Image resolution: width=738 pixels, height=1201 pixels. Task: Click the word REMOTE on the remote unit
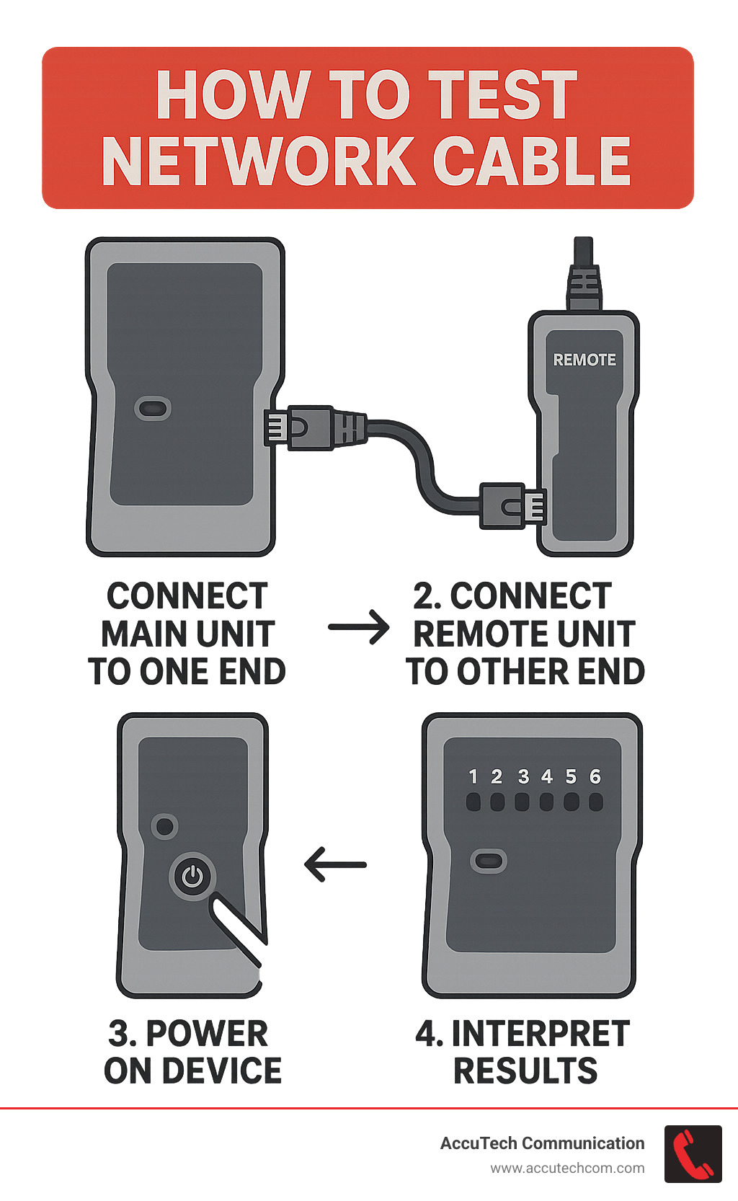(584, 359)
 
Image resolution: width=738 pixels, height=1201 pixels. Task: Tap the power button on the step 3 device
(192, 876)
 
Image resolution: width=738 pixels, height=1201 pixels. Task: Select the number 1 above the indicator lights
(473, 776)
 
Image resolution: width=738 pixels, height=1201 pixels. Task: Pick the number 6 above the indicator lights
(595, 776)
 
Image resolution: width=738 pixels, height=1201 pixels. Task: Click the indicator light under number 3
(523, 802)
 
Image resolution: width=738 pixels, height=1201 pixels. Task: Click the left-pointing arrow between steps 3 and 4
(335, 864)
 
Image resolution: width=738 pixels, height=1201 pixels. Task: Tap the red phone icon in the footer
(693, 1153)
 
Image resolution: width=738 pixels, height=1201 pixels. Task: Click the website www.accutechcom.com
(567, 1168)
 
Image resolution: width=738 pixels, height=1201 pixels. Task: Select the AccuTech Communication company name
(542, 1143)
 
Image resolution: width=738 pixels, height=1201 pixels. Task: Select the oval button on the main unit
(153, 408)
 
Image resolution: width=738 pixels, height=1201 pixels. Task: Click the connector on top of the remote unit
(583, 278)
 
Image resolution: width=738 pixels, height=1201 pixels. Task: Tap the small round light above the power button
(164, 825)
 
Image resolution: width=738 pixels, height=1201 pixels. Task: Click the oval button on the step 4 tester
(488, 860)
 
